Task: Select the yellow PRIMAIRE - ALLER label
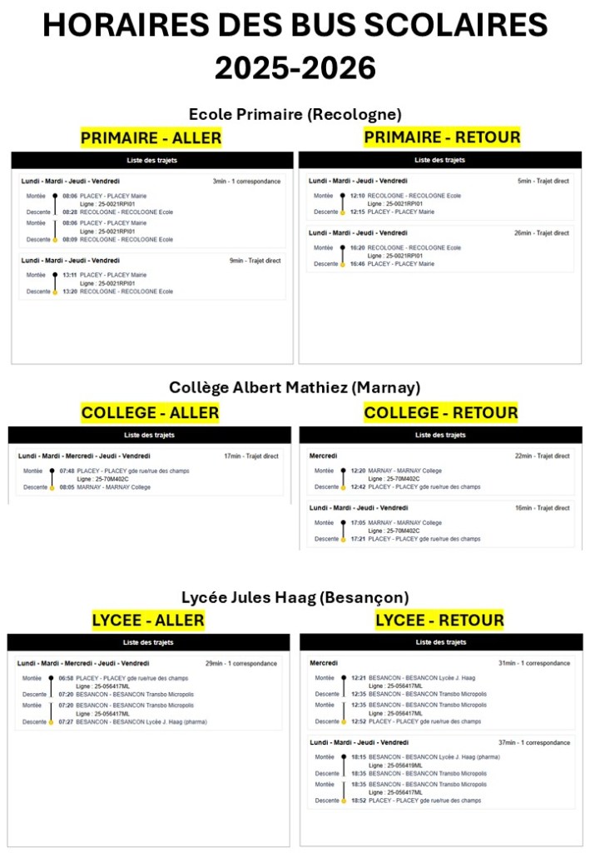(x=151, y=137)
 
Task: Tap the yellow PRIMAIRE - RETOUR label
(x=442, y=137)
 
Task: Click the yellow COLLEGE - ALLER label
(x=150, y=412)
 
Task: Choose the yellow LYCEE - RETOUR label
(x=439, y=620)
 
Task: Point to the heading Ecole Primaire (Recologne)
(x=295, y=114)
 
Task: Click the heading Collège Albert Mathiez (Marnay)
(x=295, y=387)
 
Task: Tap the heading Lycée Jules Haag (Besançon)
(x=295, y=597)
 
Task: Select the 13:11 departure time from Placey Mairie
(x=69, y=275)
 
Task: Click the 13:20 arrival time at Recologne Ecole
(x=69, y=292)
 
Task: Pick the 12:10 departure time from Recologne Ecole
(x=357, y=196)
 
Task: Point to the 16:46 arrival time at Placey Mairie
(x=357, y=264)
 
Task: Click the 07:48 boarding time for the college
(x=67, y=471)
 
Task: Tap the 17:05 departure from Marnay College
(x=358, y=523)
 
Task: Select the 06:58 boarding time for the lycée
(x=66, y=678)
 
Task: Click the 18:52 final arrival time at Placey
(x=358, y=801)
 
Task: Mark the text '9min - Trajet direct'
(x=255, y=261)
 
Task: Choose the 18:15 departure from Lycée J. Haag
(x=358, y=757)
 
